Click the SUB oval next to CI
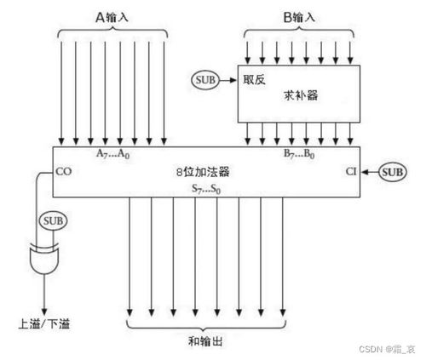[x=394, y=171]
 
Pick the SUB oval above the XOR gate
[x=51, y=223]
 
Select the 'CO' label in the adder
[x=63, y=171]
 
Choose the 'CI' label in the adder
[x=351, y=171]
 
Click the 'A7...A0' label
[x=112, y=155]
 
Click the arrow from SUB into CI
[x=368, y=171]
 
